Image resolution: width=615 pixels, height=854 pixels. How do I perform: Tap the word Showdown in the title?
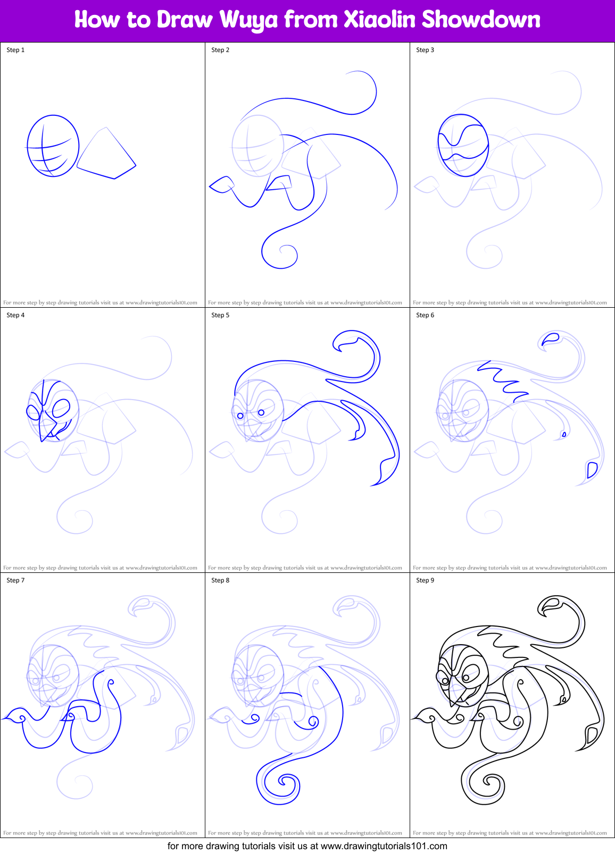[480, 20]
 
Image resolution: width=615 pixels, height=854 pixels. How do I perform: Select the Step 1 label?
[15, 50]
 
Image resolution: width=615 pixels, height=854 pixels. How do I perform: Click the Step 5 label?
[220, 315]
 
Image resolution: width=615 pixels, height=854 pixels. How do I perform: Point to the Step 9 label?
[425, 580]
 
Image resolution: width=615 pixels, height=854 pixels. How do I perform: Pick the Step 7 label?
[15, 580]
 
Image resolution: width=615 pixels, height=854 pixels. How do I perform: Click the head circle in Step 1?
[53, 146]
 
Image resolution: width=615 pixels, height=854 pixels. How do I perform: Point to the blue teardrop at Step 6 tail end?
[592, 470]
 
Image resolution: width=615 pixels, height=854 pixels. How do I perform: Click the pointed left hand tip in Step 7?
[5, 718]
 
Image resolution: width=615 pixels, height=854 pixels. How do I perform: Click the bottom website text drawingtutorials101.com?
[384, 846]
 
